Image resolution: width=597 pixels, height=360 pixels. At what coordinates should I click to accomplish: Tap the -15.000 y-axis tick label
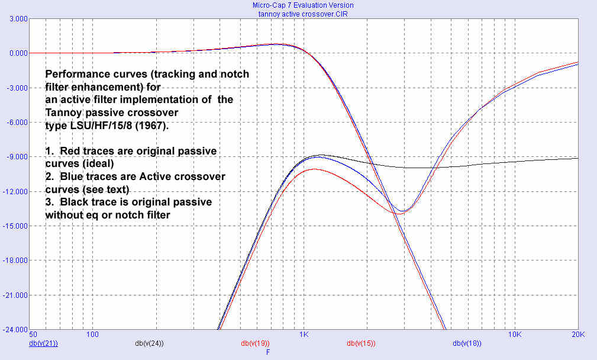point(15,226)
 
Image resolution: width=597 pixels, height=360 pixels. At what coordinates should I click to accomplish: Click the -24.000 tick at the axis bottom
point(15,329)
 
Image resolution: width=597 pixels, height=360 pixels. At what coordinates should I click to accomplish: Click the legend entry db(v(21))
point(43,343)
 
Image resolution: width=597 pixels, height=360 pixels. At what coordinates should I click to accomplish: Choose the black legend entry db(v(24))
point(149,343)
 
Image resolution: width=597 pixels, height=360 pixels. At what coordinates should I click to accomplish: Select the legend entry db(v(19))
point(255,343)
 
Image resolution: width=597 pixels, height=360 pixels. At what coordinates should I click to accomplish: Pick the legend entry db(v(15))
point(361,343)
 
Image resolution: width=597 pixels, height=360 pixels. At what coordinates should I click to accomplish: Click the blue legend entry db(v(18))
point(467,343)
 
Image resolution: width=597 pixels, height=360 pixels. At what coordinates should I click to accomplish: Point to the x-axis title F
point(268,352)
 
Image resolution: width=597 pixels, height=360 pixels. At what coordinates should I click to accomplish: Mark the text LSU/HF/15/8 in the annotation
point(93,126)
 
